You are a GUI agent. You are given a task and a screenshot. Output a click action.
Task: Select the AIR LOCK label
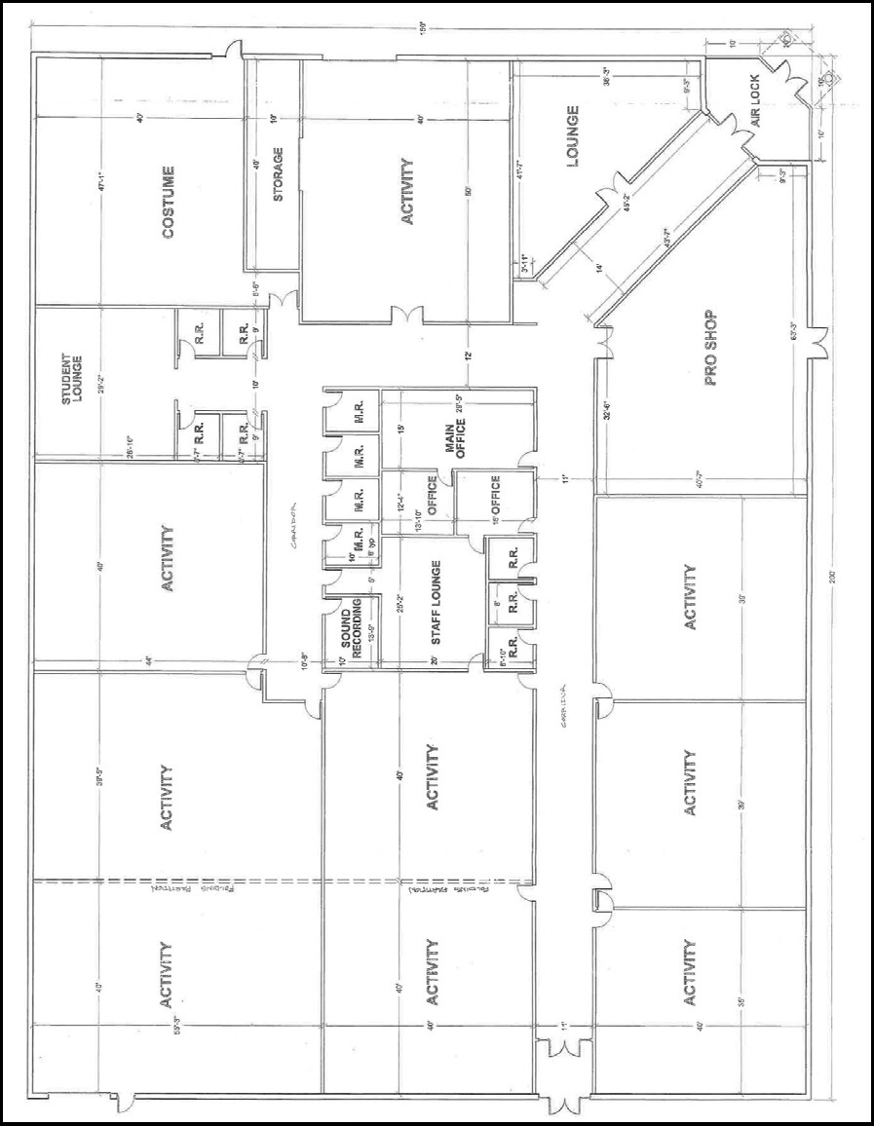[x=761, y=107]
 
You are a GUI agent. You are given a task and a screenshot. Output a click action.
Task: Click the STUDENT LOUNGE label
[x=72, y=379]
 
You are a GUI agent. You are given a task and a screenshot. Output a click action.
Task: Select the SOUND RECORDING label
[x=352, y=634]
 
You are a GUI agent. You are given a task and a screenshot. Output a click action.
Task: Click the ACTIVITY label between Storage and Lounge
[x=407, y=192]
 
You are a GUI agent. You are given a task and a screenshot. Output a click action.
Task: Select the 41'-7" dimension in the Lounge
[x=521, y=169]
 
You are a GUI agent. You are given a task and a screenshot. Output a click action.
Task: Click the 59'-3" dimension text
[x=177, y=1025]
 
